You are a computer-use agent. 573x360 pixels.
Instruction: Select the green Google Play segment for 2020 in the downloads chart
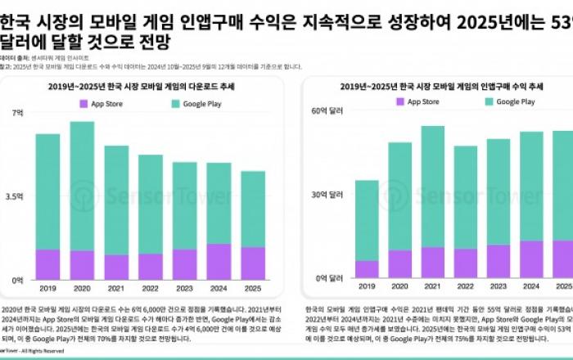coord(82,186)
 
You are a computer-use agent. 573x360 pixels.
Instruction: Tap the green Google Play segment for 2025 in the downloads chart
coord(253,209)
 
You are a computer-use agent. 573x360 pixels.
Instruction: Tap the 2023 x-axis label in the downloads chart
coord(184,288)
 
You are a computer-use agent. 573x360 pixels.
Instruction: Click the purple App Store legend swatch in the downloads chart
coord(83,103)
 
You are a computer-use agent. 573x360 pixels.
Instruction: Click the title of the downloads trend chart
coord(147,86)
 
